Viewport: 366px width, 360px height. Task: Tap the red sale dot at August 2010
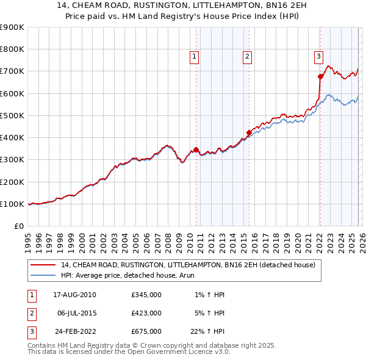196,149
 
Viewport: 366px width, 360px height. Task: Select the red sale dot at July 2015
249,132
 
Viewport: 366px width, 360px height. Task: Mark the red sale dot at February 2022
320,76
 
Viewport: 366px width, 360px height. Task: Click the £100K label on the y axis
12,204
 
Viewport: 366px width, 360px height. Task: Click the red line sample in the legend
43,265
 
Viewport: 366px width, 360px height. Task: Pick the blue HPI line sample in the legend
43,275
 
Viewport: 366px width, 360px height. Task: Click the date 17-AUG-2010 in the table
74,295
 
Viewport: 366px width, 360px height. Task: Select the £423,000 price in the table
146,313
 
